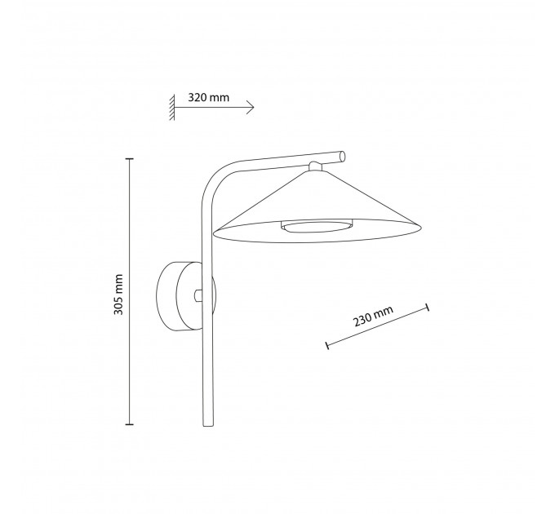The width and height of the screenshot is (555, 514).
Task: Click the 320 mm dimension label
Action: (208, 97)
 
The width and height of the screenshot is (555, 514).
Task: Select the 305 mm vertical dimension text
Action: (118, 295)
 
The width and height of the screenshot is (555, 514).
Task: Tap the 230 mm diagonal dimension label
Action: (374, 316)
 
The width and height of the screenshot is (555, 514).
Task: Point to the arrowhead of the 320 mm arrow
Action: (251, 107)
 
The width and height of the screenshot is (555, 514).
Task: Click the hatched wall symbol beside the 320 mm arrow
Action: (172, 108)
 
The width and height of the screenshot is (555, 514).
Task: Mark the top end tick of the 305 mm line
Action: (130, 159)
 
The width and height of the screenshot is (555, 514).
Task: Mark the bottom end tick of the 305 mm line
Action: (130, 423)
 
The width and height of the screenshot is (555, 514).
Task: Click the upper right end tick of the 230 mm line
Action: (428, 307)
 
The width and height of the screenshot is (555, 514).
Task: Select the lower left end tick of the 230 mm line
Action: (327, 345)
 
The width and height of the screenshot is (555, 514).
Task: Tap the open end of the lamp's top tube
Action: (342, 156)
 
